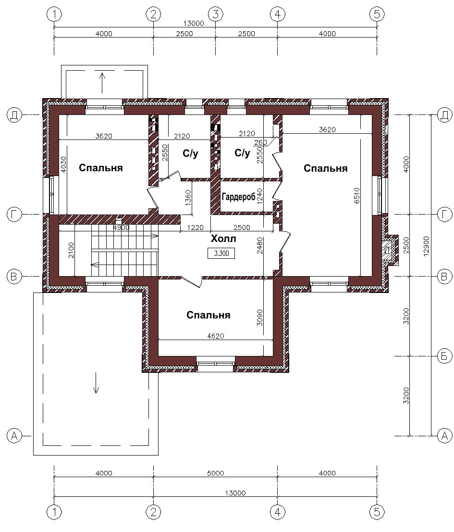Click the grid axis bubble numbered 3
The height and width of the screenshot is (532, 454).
(216, 14)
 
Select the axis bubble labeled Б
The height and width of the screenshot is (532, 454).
(444, 356)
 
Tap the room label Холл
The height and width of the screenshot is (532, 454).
(223, 239)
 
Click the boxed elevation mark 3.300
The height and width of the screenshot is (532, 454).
(221, 253)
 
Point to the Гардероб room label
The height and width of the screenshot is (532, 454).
(238, 196)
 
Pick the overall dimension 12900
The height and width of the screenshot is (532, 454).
(426, 246)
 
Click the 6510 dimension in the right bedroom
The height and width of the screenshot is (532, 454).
(356, 195)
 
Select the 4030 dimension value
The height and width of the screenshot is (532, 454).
(64, 164)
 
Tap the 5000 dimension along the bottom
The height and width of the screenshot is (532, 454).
(216, 473)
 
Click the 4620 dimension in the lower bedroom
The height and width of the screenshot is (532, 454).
(216, 336)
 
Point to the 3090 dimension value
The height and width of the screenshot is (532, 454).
(259, 317)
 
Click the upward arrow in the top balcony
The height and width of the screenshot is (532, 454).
(102, 83)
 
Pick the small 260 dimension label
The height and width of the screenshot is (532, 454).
(260, 142)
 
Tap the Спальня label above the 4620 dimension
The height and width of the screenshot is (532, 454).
(209, 315)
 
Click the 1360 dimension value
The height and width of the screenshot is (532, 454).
(188, 197)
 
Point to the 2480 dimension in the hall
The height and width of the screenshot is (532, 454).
(259, 246)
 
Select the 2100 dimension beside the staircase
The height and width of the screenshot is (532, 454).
(71, 250)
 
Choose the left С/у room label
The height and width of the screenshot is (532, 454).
(190, 154)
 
